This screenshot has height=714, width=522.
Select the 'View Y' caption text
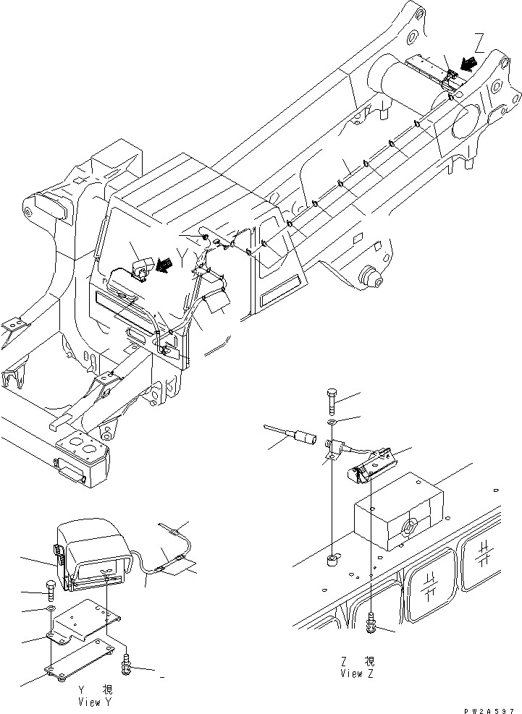point(96,701)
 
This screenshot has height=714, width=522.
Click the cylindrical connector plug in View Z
point(303,437)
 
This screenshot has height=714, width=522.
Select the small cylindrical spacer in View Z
point(334,559)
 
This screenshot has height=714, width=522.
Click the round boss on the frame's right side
point(370,276)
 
